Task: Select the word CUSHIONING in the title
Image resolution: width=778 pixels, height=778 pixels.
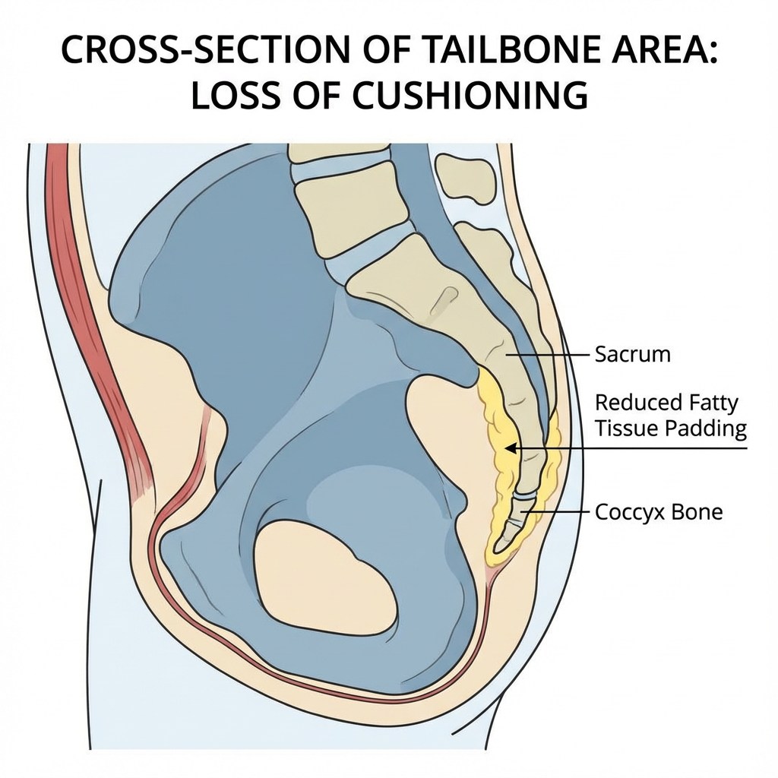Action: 459,97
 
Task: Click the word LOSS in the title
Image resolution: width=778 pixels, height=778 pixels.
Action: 240,97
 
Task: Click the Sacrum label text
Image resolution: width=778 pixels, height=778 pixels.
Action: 632,354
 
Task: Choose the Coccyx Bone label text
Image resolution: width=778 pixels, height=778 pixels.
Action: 658,512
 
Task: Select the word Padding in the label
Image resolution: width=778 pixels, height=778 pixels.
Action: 706,429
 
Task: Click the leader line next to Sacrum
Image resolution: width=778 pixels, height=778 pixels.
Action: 547,354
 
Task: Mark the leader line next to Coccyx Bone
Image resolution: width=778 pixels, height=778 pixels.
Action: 558,512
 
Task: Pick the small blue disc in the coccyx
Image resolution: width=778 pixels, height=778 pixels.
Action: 523,495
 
